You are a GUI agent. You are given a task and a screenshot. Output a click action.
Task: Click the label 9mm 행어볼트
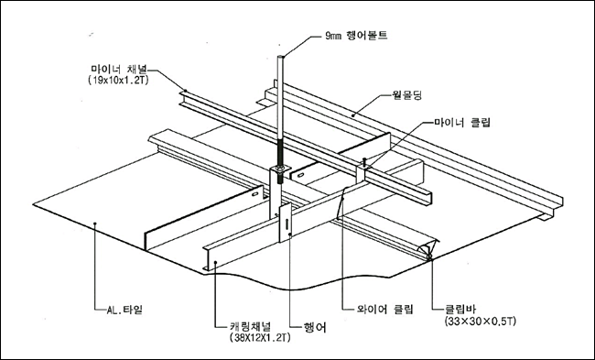356,36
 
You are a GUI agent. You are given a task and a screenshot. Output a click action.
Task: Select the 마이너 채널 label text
119,70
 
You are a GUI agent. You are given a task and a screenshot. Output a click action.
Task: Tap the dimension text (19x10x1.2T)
117,81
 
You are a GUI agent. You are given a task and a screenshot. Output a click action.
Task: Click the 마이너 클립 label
462,123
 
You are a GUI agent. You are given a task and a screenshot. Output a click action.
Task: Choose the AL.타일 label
124,310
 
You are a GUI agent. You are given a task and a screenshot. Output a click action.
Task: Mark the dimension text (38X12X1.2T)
260,337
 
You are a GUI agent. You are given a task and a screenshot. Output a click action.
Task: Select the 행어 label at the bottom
315,327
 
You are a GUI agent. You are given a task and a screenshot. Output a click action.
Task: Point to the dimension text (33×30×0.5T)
481,322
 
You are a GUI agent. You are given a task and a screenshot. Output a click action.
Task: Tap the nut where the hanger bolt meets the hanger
280,168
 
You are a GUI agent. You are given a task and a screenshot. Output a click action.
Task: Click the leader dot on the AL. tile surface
95,224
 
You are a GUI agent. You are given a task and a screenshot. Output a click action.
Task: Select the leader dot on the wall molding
353,115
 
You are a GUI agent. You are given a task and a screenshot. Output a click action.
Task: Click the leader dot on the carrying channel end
215,262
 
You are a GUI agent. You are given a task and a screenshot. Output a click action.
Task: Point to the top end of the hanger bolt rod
281,57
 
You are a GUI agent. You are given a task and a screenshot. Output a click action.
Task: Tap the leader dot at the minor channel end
186,91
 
